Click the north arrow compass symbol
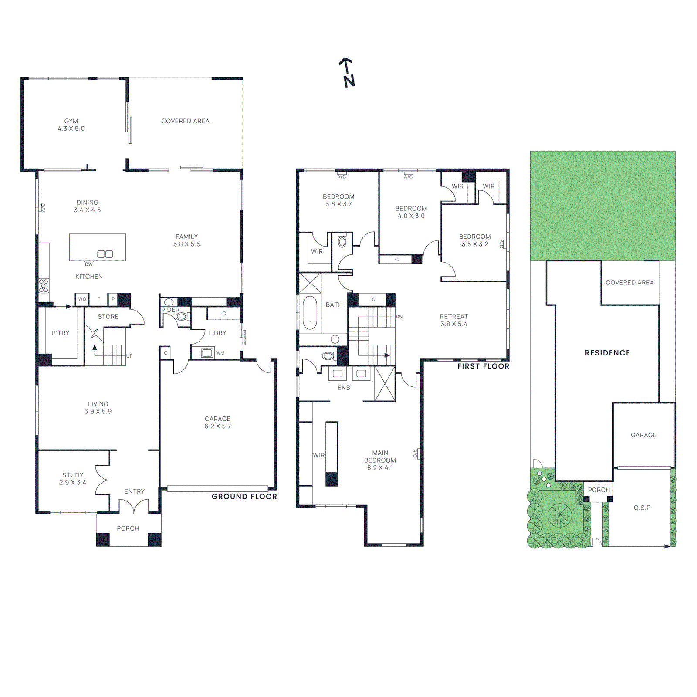pos(347,72)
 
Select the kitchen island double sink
pos(105,254)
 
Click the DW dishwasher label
pos(89,264)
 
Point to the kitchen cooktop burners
pos(44,286)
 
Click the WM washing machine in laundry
pos(207,352)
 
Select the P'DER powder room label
pos(170,310)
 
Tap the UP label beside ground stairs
pos(129,356)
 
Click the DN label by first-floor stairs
pos(399,317)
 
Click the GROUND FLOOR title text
pos(244,497)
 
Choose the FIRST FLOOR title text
pos(483,366)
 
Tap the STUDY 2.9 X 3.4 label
pos(73,479)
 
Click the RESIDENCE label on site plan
pos(607,353)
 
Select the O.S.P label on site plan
pos(642,508)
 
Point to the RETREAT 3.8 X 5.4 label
pos(454,320)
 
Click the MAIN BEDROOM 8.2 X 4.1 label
pos(380,460)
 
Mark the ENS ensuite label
pos(344,388)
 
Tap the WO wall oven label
pos(82,299)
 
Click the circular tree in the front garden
pos(559,514)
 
